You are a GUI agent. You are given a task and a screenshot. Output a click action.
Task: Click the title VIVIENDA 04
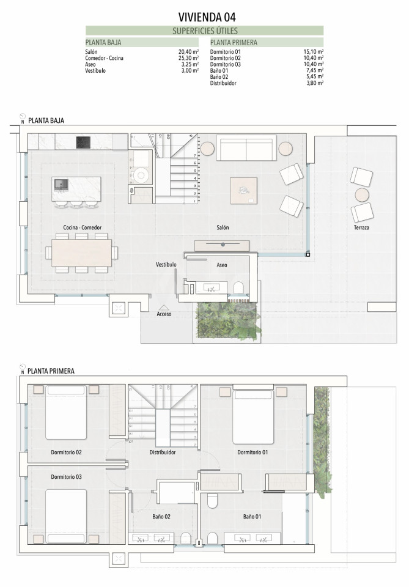(x=207, y=17)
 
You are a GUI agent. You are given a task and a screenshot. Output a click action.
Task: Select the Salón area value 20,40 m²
(x=188, y=52)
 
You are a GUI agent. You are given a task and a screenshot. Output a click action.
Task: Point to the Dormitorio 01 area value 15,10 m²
(x=314, y=52)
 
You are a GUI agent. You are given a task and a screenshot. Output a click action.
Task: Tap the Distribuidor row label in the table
(x=223, y=83)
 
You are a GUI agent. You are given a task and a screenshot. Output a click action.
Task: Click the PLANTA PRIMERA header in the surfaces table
(x=234, y=42)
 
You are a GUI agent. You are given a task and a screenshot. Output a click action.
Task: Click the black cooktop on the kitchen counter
(x=83, y=142)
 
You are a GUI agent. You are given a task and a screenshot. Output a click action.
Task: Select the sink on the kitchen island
(x=61, y=184)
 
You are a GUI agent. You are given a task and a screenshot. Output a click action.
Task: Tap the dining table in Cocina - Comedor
(x=81, y=253)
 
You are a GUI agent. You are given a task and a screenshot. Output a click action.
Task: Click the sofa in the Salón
(x=246, y=148)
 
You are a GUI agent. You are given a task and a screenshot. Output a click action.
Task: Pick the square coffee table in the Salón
(x=243, y=191)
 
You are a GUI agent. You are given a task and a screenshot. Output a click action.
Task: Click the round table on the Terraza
(x=362, y=194)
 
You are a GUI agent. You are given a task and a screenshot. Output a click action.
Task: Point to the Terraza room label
(x=361, y=227)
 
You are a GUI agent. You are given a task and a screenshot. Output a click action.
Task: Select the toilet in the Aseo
(x=238, y=287)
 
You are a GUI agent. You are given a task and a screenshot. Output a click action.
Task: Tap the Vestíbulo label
(x=166, y=264)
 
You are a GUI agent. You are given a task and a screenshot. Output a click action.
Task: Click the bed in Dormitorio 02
(x=66, y=412)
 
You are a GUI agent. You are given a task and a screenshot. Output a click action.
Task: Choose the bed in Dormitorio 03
(x=66, y=516)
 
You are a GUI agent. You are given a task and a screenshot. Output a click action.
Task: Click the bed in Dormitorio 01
(x=253, y=416)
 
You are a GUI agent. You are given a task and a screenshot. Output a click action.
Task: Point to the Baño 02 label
(x=161, y=517)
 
